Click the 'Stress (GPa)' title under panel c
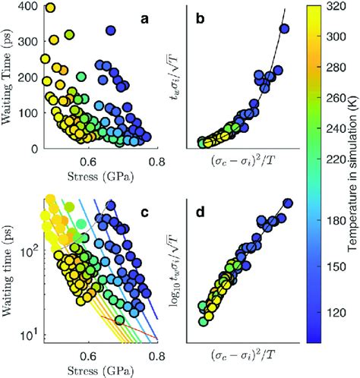96,368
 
